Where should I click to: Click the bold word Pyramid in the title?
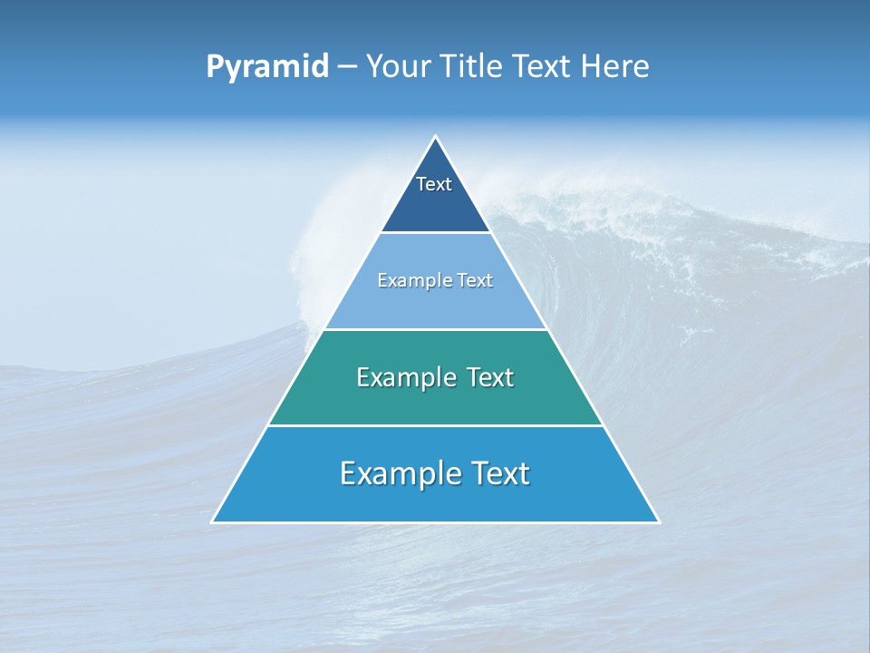(x=267, y=67)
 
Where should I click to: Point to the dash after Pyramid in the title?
(x=346, y=67)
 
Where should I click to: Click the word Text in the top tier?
(x=434, y=184)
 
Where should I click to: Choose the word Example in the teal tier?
(x=401, y=377)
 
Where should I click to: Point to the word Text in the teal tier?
(x=490, y=377)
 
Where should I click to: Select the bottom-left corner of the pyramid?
(x=213, y=521)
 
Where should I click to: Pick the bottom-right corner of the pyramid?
(x=658, y=521)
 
